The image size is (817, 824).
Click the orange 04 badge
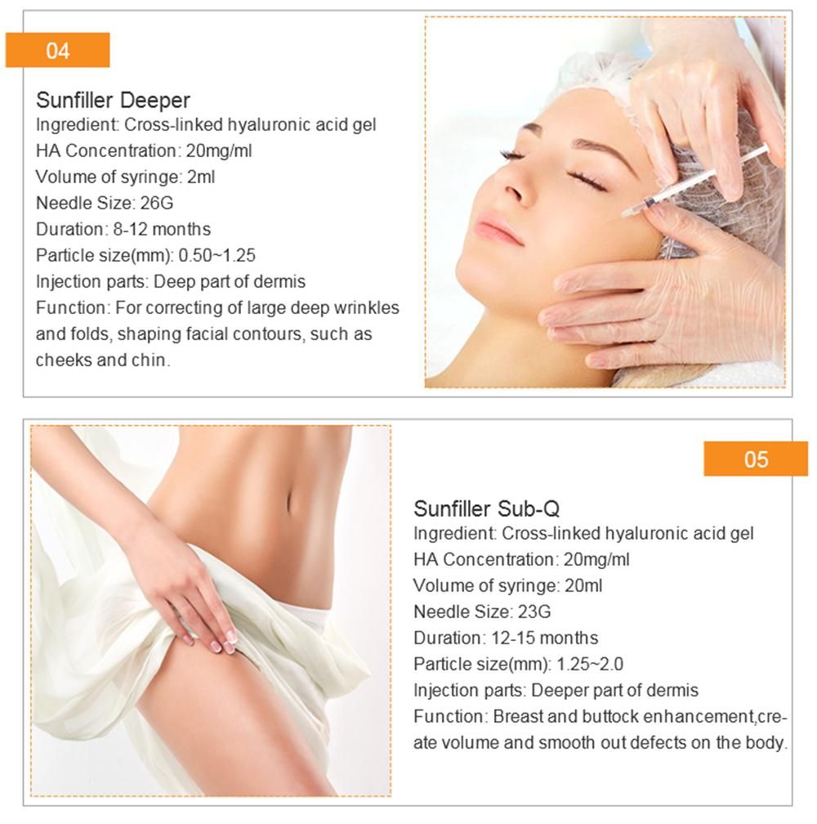pyautogui.click(x=57, y=51)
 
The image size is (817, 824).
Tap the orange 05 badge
pyautogui.click(x=756, y=459)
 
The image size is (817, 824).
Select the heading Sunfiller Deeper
pyautogui.click(x=113, y=101)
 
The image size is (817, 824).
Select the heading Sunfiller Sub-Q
pyautogui.click(x=486, y=508)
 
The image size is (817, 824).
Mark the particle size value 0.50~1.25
pyautogui.click(x=217, y=255)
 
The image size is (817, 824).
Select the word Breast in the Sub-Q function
pyautogui.click(x=517, y=716)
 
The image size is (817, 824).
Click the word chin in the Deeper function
pyautogui.click(x=152, y=360)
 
